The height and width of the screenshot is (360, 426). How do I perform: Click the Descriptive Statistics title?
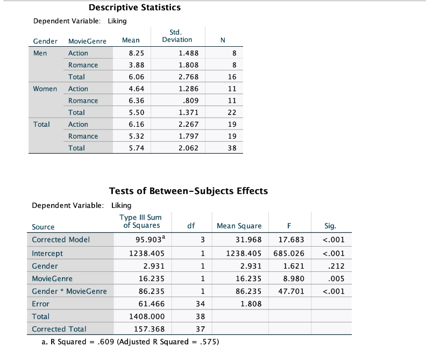point(134,8)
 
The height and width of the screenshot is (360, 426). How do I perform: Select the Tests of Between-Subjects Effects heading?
point(188,191)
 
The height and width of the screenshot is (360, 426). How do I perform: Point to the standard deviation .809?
point(191,100)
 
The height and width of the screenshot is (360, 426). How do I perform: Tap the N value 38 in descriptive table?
point(232,148)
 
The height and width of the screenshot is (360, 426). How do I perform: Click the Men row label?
point(40,53)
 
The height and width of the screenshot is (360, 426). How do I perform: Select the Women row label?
point(45,89)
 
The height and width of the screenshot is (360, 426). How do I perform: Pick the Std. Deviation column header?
point(177,36)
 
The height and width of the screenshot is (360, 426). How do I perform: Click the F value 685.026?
point(293,253)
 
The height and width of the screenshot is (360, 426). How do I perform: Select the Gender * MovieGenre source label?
point(69,291)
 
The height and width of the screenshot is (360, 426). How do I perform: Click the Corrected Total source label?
point(59,329)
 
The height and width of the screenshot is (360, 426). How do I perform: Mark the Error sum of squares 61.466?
point(152,304)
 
